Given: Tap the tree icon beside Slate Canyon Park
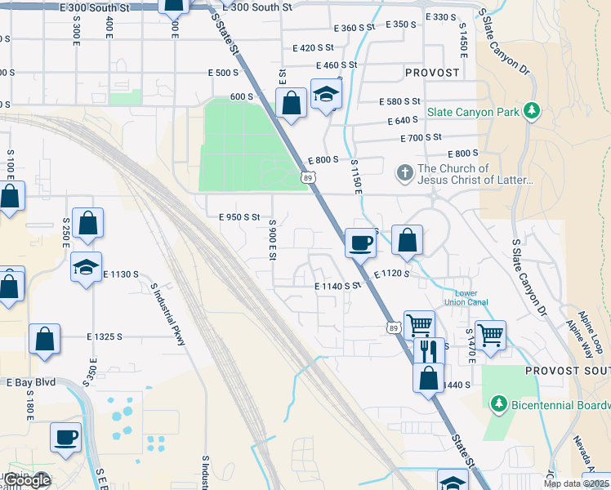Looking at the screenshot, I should (533, 110).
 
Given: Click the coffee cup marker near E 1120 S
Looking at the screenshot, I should (360, 242).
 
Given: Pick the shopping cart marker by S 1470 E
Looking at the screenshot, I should (490, 334).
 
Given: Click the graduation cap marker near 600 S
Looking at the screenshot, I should (326, 95).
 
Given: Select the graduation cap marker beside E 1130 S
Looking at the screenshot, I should (86, 267).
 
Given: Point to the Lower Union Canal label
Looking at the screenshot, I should (466, 297).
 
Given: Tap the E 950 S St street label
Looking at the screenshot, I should (239, 217).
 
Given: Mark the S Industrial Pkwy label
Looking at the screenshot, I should (168, 314).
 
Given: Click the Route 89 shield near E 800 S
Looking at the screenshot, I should (306, 176).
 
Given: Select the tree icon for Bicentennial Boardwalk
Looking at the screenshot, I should (498, 404).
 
